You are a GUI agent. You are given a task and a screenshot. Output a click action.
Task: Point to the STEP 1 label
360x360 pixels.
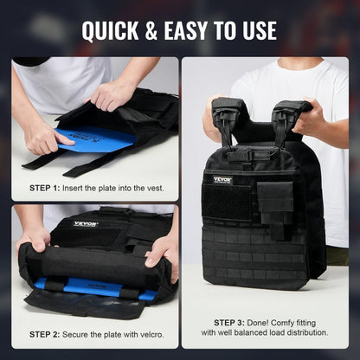click(45, 188)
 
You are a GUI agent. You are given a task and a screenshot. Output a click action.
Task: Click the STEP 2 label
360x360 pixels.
click(45, 334)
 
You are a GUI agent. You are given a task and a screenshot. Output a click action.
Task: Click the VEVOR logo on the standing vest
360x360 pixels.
click(222, 179)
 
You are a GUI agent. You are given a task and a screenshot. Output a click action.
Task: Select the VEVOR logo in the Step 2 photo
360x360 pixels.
click(85, 223)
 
